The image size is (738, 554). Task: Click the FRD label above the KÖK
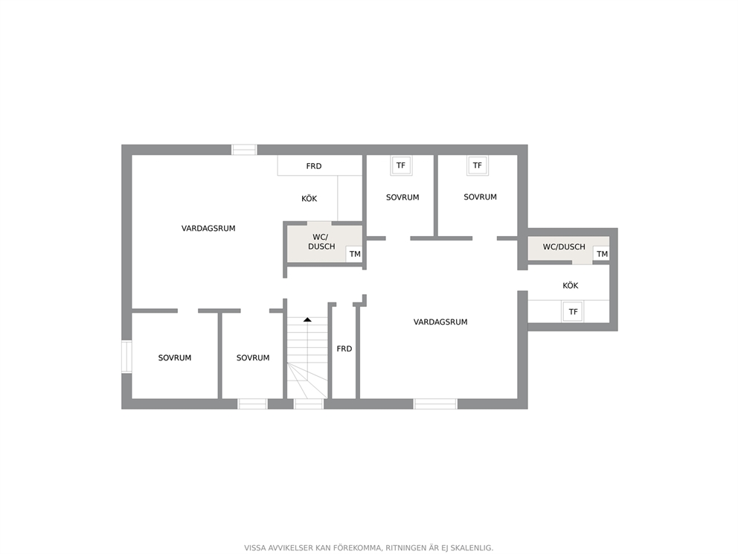coord(314,166)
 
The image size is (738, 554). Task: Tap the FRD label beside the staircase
coord(344,349)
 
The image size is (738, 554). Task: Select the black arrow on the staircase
coord(307,320)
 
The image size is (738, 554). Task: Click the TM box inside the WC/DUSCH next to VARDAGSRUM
coord(354,254)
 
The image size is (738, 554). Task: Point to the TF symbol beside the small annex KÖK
coord(573,312)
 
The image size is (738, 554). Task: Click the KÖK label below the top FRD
coord(309,199)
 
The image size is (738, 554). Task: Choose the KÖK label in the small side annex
coord(571,285)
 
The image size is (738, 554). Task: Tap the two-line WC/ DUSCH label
coord(321,242)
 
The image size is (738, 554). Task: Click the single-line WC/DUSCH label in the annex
coord(564,247)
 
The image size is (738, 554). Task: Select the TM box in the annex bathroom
coord(602,254)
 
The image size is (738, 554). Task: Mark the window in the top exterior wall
coord(244,150)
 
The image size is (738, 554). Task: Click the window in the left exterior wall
coord(126,357)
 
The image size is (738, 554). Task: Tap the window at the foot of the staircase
coord(308,404)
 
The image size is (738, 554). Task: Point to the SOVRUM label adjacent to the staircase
coord(253,358)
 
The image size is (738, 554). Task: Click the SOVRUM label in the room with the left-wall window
coord(175,358)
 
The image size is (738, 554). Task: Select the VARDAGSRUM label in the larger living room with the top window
coord(208,229)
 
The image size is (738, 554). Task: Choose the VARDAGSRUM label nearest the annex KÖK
coord(440,322)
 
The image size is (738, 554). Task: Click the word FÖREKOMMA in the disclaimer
coord(357,548)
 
